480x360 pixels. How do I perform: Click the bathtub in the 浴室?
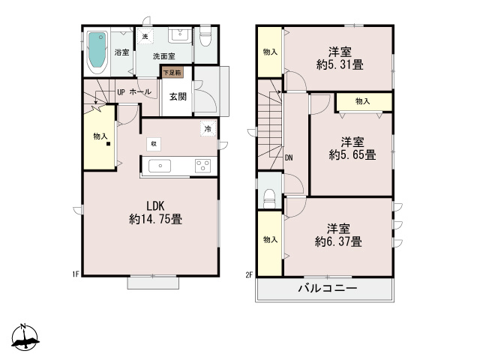(x=97, y=50)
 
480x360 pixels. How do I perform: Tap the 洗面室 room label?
(x=163, y=56)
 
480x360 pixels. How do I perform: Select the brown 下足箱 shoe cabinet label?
(x=172, y=73)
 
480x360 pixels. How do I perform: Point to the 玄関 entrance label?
(x=178, y=96)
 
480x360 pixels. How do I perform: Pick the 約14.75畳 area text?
(x=155, y=220)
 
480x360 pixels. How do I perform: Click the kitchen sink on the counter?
(x=160, y=166)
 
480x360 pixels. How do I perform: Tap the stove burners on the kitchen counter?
(x=202, y=166)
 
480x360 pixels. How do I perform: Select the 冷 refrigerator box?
(x=206, y=129)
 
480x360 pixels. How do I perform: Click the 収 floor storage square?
(x=152, y=142)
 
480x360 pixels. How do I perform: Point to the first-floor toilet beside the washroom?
(x=205, y=37)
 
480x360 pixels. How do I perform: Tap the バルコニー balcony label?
(x=327, y=288)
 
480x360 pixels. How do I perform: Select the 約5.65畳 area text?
(x=352, y=156)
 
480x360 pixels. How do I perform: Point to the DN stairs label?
(x=289, y=157)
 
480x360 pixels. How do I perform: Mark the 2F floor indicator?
(x=249, y=274)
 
